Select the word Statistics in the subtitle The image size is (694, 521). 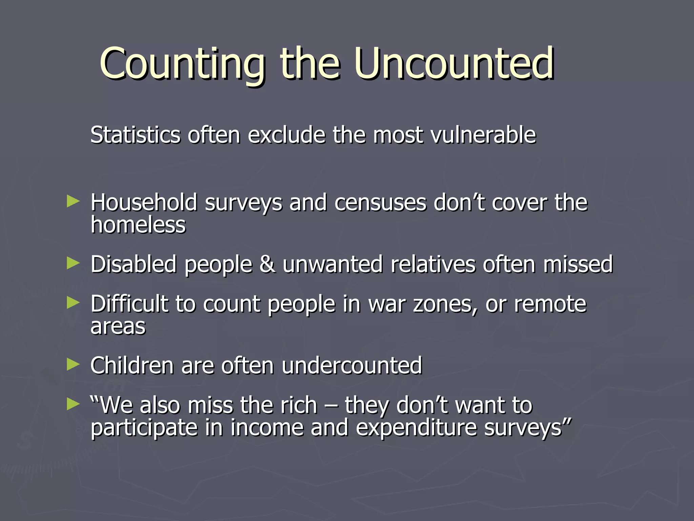coord(135,135)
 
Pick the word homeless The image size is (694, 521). coord(138,225)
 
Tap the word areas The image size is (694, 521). coord(118,326)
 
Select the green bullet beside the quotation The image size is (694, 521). coord(73,404)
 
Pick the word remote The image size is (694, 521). coord(550,304)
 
